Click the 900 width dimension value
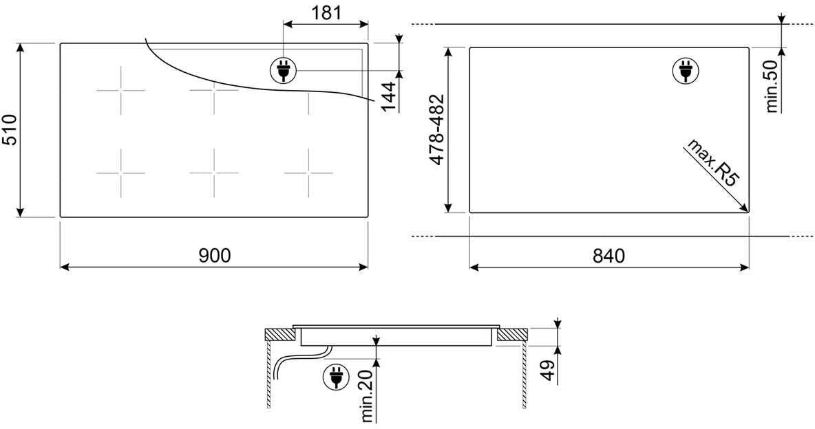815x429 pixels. click(215, 255)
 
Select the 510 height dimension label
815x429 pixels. click(10, 130)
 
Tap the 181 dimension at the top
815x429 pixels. click(326, 12)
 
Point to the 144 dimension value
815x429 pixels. click(389, 96)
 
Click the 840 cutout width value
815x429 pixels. click(608, 255)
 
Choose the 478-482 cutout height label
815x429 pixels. click(437, 130)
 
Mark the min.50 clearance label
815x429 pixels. click(772, 86)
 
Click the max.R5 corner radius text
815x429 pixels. click(713, 163)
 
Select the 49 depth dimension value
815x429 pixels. click(549, 370)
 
